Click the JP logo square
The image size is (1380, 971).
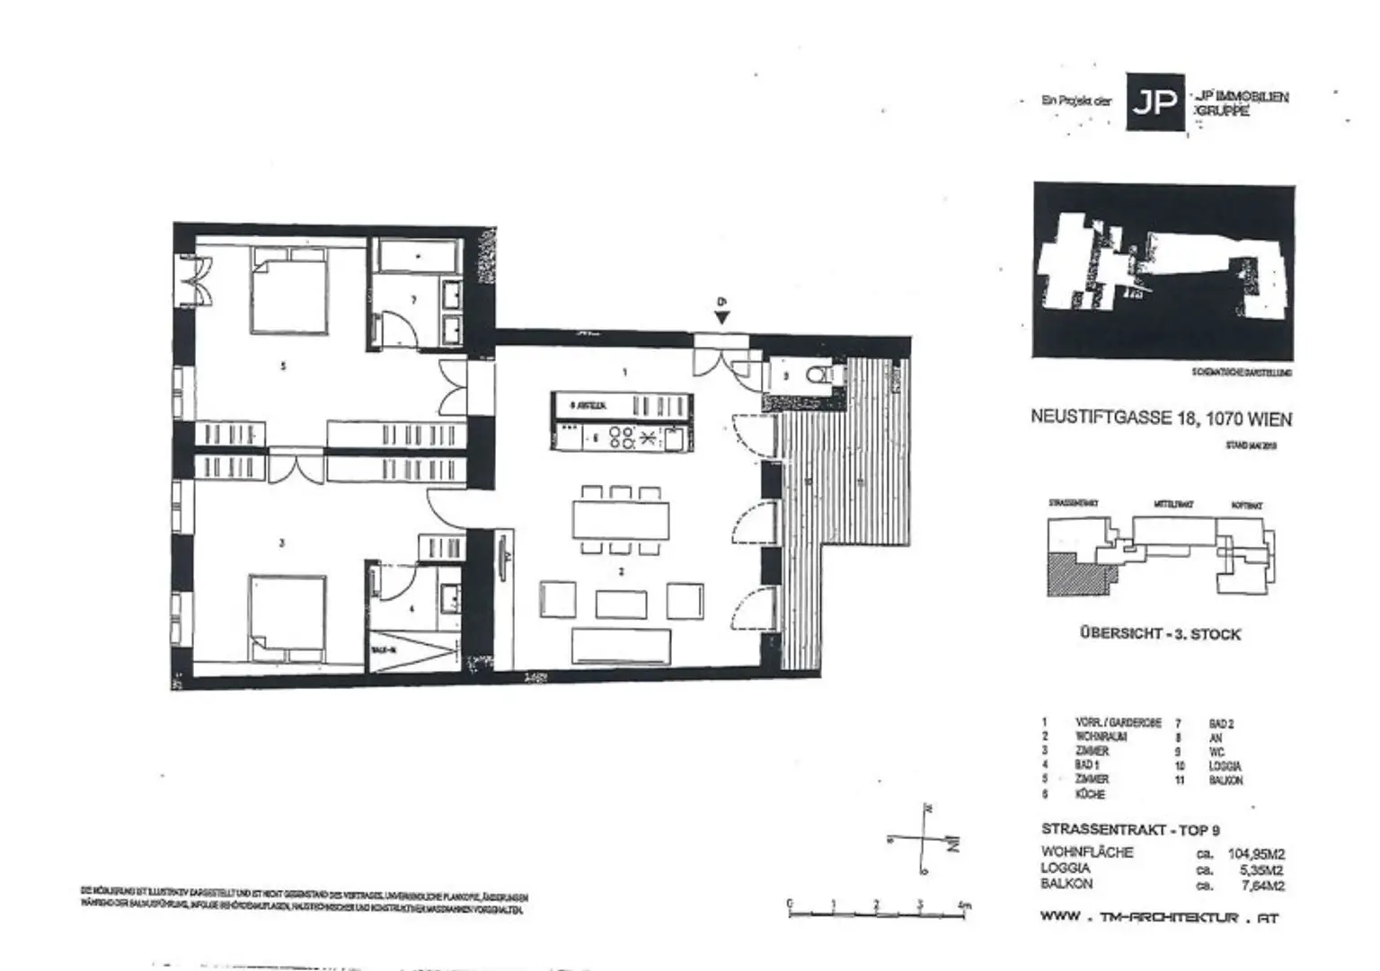1155,102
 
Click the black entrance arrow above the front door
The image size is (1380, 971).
721,316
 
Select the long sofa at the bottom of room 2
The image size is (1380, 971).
621,646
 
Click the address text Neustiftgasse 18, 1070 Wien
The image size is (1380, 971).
1161,419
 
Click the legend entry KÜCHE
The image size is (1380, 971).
1090,795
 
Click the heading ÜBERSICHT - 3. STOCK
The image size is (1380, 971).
1160,634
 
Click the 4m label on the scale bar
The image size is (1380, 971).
964,905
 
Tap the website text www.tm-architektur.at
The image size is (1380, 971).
1159,918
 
